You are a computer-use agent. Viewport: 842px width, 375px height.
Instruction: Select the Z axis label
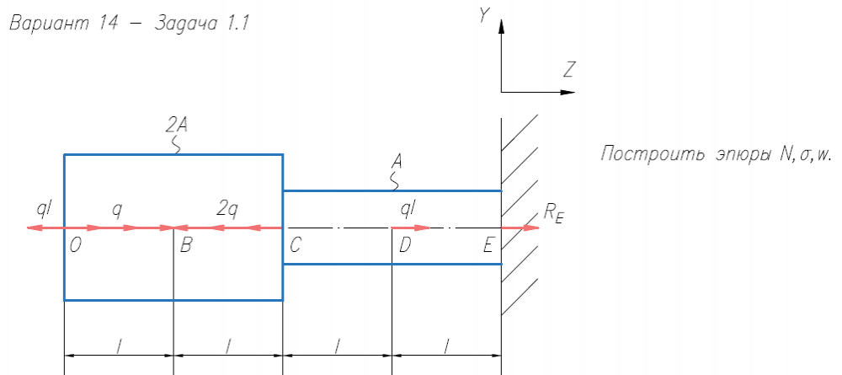coord(569,71)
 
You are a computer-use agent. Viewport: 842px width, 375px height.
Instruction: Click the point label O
coord(76,246)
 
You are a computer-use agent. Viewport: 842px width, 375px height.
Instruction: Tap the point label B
coord(185,246)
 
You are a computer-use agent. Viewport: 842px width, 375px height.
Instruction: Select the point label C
coord(295,246)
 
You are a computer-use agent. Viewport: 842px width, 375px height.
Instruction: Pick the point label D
coord(405,246)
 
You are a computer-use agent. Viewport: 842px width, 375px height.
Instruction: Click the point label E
coord(489,246)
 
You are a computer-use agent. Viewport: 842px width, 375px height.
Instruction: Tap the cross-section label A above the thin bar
coord(397,160)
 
